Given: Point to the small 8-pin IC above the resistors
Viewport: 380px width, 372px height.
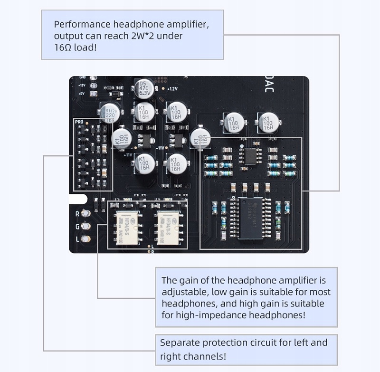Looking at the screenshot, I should tap(249, 155).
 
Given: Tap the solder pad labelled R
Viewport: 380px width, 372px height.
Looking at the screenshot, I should tap(85, 214).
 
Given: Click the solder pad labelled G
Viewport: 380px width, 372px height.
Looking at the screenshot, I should tap(85, 227).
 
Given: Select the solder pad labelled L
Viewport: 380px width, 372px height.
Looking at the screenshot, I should tap(85, 239).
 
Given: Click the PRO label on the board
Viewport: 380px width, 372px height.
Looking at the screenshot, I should tap(79, 122).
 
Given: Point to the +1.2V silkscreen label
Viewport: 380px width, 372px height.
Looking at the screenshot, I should tap(172, 89).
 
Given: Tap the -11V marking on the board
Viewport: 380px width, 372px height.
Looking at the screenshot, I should tap(161, 148).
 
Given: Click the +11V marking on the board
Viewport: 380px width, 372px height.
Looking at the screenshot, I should tap(128, 155).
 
